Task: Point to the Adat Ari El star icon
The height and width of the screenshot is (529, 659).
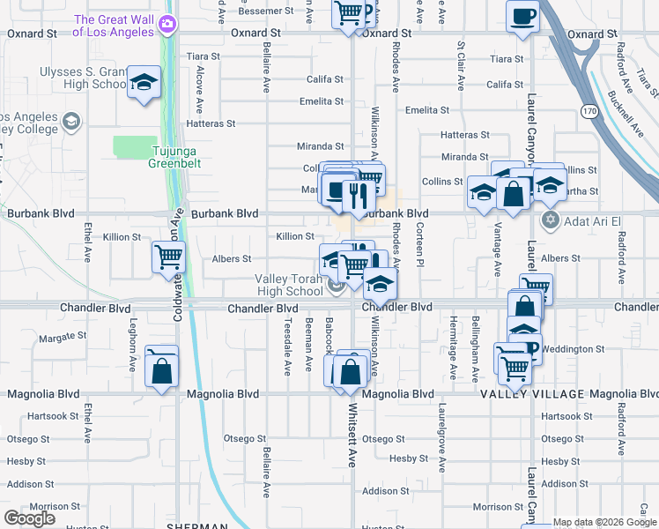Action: pos(552,218)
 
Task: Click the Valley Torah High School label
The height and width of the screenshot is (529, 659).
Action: pos(289,285)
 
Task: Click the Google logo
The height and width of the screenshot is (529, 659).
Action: pos(30,518)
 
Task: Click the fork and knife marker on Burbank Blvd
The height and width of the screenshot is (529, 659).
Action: pos(358,195)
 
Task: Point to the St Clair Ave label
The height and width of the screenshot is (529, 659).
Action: pos(460,65)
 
